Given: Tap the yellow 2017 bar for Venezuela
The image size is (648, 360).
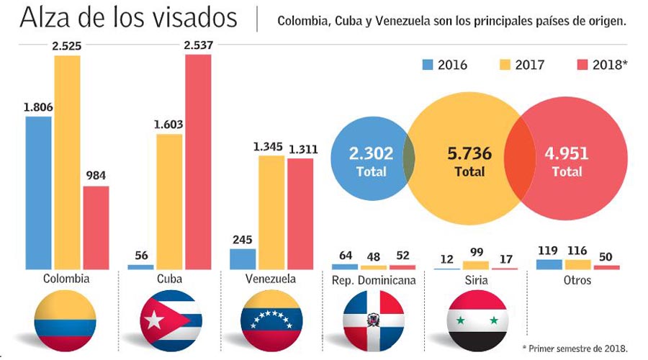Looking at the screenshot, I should pyautogui.click(x=271, y=212).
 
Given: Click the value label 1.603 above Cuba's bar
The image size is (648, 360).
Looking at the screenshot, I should pyautogui.click(x=168, y=125).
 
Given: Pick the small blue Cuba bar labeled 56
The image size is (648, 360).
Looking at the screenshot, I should pyautogui.click(x=140, y=266).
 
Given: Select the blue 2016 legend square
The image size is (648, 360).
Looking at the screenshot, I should pyautogui.click(x=427, y=65).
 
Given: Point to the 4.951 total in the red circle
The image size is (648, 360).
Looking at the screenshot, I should pyautogui.click(x=567, y=153).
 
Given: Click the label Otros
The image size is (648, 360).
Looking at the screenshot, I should pyautogui.click(x=577, y=279).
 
